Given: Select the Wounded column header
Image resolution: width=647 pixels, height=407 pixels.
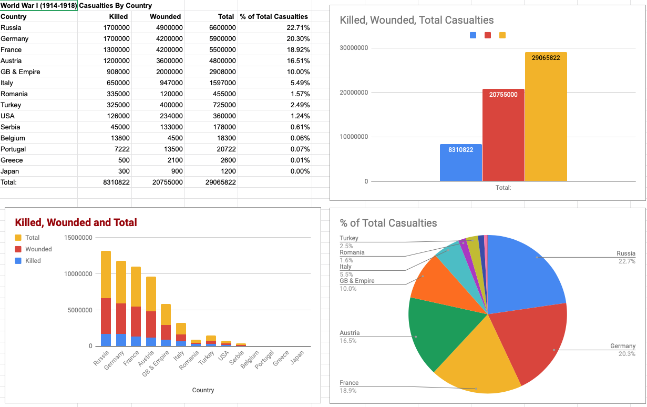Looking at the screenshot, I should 166,16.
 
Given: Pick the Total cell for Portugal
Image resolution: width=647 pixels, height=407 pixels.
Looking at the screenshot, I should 221,149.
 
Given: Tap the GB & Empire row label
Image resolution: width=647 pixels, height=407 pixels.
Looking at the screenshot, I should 20,72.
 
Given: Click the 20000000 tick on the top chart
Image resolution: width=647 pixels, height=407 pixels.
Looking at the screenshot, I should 353,93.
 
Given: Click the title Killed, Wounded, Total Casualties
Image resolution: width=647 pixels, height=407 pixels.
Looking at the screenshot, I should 417,21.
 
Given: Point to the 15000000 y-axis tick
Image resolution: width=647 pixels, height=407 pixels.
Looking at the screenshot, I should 78,238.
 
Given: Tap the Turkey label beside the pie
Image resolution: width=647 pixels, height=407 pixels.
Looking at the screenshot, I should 349,238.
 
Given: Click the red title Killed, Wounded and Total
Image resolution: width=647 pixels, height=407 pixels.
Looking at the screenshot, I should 76,222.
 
